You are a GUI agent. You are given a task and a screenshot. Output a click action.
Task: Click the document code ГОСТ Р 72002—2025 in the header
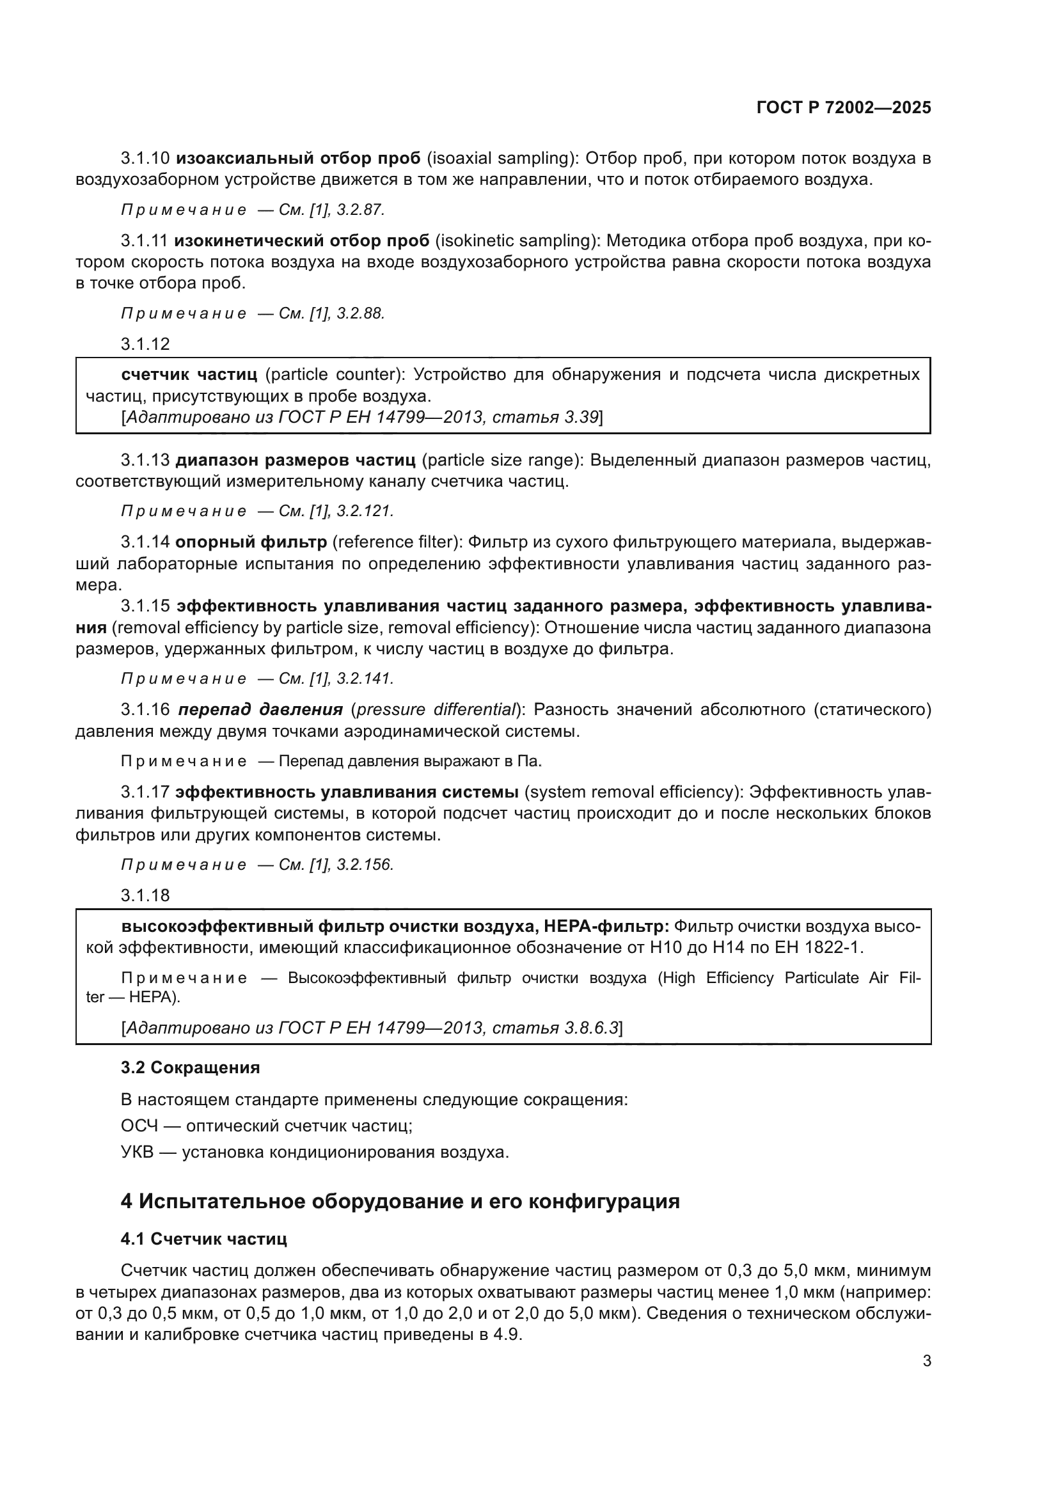[844, 108]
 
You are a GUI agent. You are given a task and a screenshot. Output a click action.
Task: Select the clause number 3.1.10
[145, 159]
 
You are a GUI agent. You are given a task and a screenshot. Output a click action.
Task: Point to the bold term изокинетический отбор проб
[302, 241]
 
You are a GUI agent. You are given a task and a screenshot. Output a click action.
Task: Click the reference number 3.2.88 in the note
[360, 313]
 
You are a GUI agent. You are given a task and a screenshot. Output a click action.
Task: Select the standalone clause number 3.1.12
[145, 344]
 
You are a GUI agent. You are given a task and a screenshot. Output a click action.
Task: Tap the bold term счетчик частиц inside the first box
[189, 375]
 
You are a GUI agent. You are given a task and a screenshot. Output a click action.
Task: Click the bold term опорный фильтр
[251, 542]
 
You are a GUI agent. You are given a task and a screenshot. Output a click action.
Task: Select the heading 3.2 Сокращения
[190, 1068]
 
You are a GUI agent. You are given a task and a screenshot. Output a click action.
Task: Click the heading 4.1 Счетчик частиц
[203, 1240]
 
